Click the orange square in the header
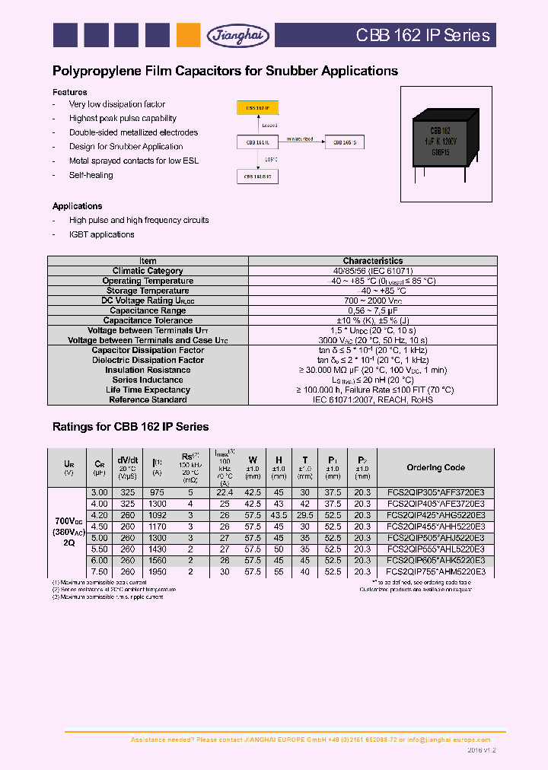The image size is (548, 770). click(x=188, y=35)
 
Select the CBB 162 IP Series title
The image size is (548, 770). click(x=423, y=35)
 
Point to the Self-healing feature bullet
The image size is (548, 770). click(x=91, y=175)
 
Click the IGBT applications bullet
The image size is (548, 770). click(x=101, y=234)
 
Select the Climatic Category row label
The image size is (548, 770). click(x=148, y=271)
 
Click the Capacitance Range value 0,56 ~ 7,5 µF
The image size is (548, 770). click(x=372, y=310)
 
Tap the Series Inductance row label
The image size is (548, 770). click(x=148, y=380)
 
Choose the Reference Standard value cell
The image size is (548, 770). click(x=372, y=399)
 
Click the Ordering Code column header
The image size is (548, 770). click(x=435, y=468)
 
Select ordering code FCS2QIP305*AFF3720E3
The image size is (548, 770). click(x=435, y=493)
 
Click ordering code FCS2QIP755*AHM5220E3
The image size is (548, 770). click(x=435, y=571)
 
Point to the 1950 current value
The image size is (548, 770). click(x=157, y=571)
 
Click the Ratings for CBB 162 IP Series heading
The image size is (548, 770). click(x=130, y=427)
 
